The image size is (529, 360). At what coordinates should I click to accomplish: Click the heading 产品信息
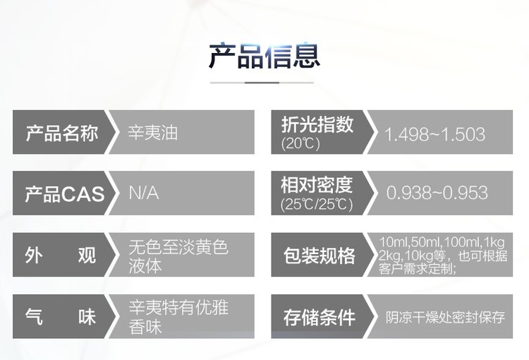click(264, 56)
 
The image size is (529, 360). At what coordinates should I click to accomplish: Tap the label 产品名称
click(62, 133)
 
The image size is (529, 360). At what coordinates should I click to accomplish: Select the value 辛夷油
click(153, 132)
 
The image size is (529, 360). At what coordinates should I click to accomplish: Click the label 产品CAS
click(64, 194)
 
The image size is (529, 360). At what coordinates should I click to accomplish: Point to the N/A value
click(144, 193)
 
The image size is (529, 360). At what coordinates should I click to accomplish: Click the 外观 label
click(61, 255)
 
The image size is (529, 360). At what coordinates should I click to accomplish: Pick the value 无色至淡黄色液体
click(178, 256)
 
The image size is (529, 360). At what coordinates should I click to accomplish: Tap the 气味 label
click(61, 317)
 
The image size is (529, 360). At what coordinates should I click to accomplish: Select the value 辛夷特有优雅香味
click(178, 317)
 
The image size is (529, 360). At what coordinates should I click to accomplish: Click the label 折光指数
click(317, 124)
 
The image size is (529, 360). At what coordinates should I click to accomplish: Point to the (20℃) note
click(300, 143)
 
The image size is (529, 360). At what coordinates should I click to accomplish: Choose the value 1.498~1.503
click(434, 134)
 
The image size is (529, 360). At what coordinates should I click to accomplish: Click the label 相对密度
click(317, 185)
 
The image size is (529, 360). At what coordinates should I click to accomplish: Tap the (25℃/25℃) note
click(317, 204)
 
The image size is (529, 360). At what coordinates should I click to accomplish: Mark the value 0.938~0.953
click(437, 193)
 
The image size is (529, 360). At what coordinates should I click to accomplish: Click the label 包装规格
click(319, 256)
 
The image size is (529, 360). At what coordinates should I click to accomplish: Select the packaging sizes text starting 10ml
click(443, 256)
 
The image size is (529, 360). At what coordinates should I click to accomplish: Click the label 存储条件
click(319, 318)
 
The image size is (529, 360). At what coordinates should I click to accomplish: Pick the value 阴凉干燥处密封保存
click(445, 317)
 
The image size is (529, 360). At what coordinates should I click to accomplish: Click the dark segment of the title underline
click(262, 83)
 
